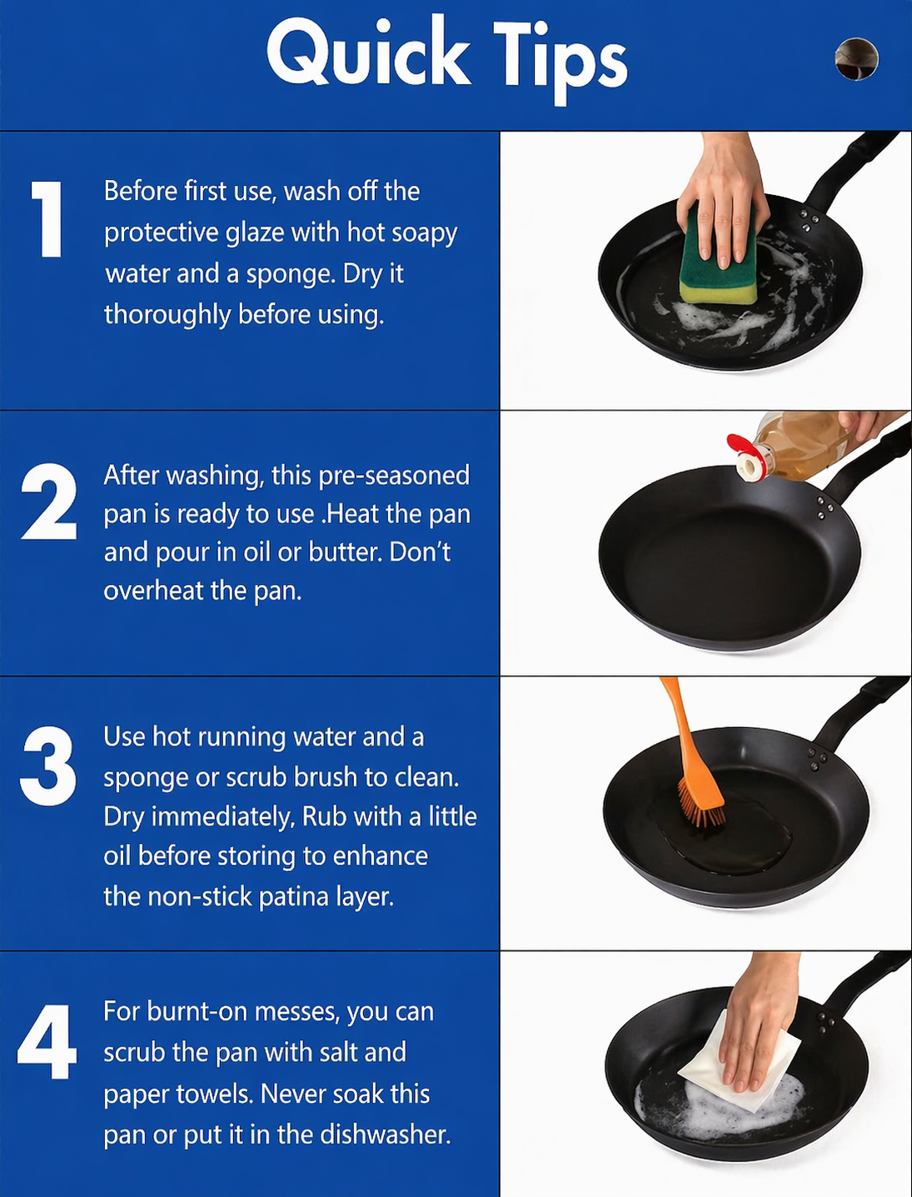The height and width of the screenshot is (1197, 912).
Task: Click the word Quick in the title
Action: tap(367, 53)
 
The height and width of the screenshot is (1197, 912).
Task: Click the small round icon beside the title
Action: tap(856, 59)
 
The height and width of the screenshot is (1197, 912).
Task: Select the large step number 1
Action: tap(47, 219)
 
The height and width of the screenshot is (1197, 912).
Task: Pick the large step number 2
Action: tap(49, 502)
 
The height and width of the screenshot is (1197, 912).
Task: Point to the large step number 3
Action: tap(48, 766)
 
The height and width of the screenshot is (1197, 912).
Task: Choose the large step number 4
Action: tap(47, 1042)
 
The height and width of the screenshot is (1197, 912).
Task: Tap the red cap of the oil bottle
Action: tap(744, 455)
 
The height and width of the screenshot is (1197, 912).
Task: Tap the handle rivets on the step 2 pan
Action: tap(825, 509)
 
